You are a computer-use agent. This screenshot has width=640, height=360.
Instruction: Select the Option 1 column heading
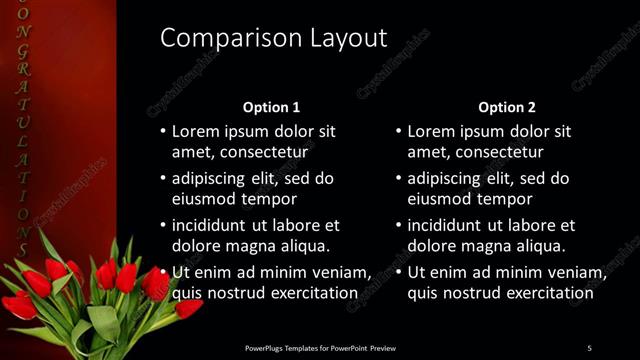coord(271,107)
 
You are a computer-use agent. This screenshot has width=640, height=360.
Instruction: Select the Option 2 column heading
coord(507,107)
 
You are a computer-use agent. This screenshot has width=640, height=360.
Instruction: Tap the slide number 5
coord(589,348)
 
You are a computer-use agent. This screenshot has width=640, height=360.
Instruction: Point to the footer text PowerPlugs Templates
coord(286,348)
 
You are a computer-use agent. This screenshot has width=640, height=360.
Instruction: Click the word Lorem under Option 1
coord(196,131)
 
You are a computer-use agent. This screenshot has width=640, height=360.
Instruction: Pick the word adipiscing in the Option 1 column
coord(214,178)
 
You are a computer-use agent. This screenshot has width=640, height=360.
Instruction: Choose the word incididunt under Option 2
coord(450,225)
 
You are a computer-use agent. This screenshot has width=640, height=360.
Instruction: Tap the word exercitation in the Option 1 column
coord(309,293)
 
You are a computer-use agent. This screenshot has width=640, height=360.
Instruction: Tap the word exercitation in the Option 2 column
coord(545,293)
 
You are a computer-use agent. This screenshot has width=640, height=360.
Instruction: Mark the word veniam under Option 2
coord(575,272)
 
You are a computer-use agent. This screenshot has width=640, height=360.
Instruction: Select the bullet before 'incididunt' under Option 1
coord(164,225)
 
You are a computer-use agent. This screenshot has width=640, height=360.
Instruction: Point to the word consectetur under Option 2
coord(497,152)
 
